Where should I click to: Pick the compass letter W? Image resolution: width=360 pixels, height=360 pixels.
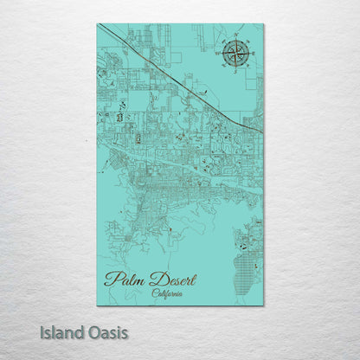[218, 55]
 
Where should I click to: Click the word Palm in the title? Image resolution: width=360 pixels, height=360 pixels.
[125, 279]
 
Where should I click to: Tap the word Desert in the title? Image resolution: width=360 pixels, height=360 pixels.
[174, 279]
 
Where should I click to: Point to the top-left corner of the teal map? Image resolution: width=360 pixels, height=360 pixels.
[98, 24]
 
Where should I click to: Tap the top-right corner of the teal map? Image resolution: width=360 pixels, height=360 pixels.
[263, 24]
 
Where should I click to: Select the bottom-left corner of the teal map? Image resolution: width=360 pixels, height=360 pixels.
[98, 305]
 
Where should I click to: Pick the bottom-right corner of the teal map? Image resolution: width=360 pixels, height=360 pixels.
[263, 305]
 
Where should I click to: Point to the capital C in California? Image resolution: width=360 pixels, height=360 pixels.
[154, 292]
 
